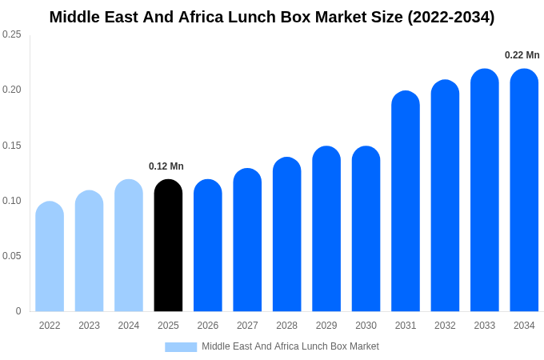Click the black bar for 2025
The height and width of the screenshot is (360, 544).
[168, 246]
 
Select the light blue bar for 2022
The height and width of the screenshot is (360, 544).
[50, 257]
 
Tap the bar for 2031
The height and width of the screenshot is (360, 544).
[406, 202]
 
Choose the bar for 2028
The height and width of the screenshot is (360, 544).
[286, 234]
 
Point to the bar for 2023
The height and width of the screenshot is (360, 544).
[89, 251]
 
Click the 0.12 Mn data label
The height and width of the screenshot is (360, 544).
[166, 166]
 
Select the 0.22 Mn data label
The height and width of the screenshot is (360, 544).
[522, 55]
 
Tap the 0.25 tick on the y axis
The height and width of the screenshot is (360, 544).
[12, 34]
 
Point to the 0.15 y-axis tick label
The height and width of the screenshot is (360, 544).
[12, 146]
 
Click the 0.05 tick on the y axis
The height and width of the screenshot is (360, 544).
[12, 256]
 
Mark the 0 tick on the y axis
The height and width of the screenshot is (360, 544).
[18, 311]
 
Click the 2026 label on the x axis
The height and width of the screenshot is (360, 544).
[208, 326]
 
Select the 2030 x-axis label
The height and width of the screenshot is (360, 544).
[366, 326]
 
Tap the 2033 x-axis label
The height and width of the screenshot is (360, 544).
[484, 326]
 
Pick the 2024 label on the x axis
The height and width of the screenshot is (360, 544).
[129, 326]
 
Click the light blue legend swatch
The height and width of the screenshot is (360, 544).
[181, 347]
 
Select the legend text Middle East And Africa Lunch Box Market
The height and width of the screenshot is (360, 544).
[290, 346]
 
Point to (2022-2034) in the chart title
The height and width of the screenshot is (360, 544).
[450, 17]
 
